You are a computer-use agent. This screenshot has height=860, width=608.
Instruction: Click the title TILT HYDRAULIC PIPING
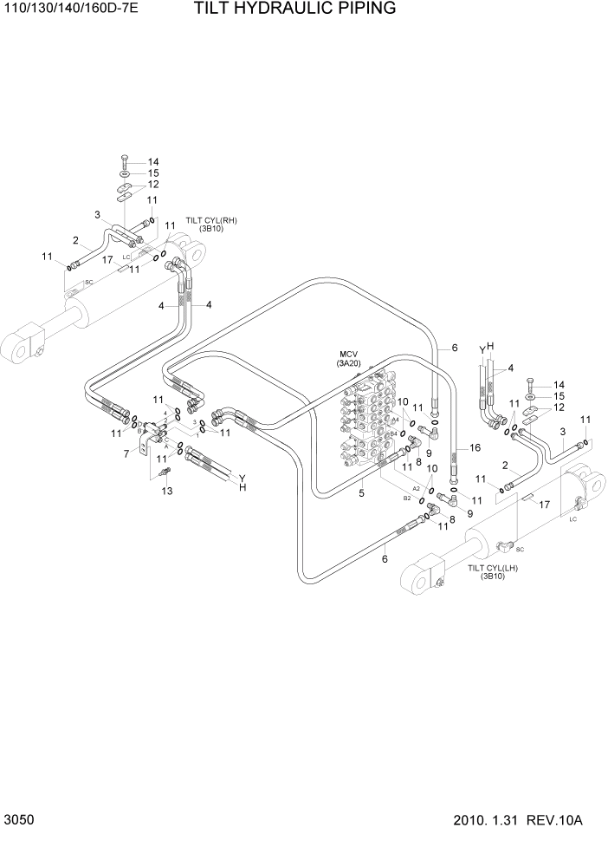(282, 10)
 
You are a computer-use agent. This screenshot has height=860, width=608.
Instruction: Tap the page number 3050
(18, 820)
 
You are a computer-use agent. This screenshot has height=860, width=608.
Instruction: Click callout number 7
(126, 453)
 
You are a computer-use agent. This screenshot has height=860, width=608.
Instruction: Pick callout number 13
(167, 492)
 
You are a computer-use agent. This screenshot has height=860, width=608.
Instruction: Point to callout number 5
(361, 493)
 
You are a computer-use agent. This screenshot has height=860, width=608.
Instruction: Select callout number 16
(474, 448)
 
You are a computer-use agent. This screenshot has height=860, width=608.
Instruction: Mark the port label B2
(406, 498)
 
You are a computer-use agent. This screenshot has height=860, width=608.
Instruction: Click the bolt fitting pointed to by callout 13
(166, 472)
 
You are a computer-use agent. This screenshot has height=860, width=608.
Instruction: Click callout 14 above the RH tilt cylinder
(153, 162)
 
